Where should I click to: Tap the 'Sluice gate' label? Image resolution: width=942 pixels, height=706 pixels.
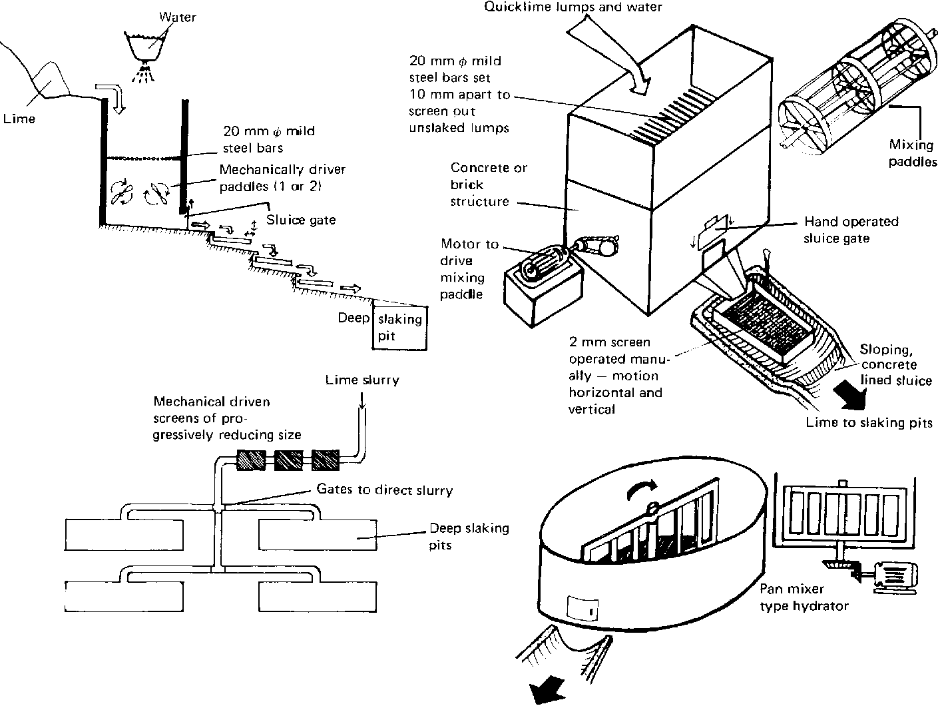[x=301, y=220]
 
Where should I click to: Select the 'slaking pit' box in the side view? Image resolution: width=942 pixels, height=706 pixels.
[x=400, y=327]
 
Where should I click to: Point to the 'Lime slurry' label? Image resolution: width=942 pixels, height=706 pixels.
[x=362, y=380]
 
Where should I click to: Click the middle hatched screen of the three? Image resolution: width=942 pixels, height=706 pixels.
[x=288, y=460]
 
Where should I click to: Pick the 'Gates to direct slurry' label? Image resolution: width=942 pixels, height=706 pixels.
[x=384, y=490]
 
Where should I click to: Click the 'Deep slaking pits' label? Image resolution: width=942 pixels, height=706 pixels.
[x=469, y=536]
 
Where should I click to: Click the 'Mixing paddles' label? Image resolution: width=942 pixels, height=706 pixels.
[x=913, y=153]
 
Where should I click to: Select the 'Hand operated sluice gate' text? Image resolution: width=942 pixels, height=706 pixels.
[x=851, y=230]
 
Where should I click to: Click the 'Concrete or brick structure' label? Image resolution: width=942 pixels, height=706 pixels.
[x=479, y=184]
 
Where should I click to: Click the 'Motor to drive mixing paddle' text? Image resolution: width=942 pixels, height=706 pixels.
[x=469, y=269]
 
